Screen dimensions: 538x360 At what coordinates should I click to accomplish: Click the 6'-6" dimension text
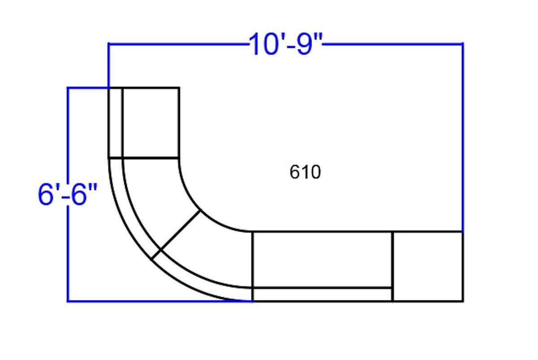click(x=68, y=194)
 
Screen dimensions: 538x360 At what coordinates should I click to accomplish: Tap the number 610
click(x=305, y=172)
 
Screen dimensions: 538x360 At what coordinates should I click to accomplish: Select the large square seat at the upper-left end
click(x=151, y=123)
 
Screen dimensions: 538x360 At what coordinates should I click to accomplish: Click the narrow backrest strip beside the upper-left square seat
click(x=116, y=123)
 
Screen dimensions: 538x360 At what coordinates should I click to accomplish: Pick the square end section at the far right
click(x=428, y=266)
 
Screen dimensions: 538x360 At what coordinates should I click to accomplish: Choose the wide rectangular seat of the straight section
click(x=322, y=260)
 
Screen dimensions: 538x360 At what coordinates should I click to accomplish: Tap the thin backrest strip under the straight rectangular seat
click(x=322, y=295)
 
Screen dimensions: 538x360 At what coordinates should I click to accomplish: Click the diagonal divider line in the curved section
click(x=176, y=234)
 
